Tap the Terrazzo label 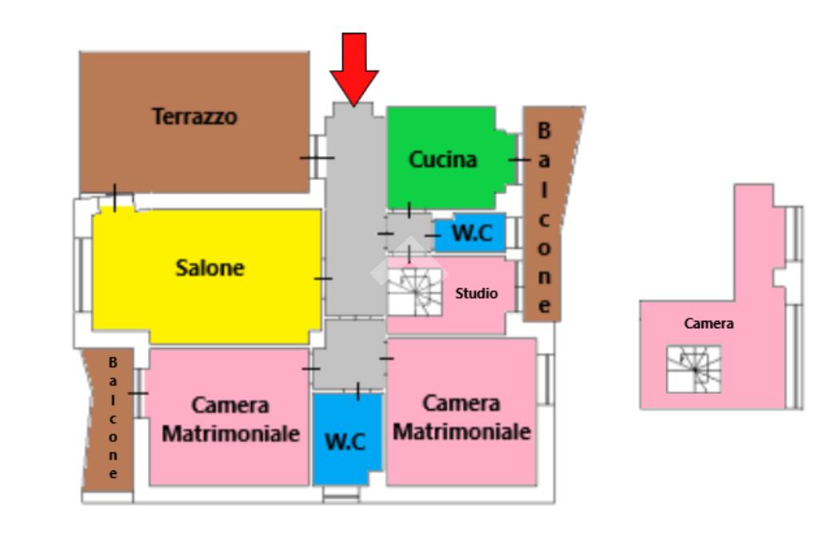point(195,117)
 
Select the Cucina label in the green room point(442,159)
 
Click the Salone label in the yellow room point(210,268)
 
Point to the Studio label point(476,293)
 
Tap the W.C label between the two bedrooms point(346,440)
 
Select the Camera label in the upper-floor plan point(709,324)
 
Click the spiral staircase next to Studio point(414,291)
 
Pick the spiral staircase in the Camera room point(693,369)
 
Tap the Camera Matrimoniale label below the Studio point(461,417)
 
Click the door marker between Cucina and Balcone point(517,160)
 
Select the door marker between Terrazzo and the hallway point(318,157)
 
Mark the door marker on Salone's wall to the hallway point(322,279)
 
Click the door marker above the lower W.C point(358,391)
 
